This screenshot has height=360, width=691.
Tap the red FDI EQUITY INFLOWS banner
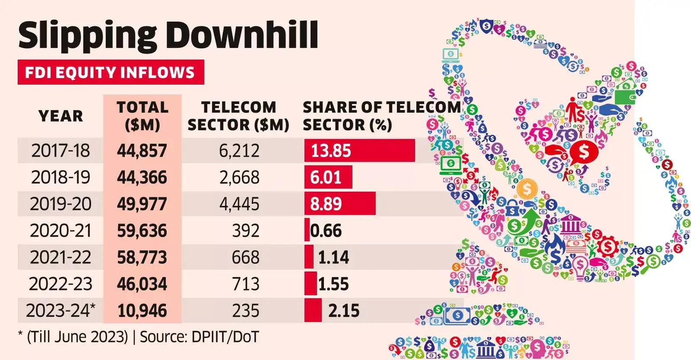[x=111, y=72]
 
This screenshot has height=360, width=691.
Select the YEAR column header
[x=60, y=116]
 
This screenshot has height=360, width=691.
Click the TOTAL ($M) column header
[x=142, y=116]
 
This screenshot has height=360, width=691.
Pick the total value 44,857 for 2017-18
[x=142, y=151]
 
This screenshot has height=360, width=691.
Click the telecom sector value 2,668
[x=239, y=177]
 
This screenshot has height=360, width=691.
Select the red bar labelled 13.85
[x=359, y=151]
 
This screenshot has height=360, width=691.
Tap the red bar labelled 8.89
[x=339, y=204]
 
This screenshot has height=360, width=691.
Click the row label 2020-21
[x=60, y=231]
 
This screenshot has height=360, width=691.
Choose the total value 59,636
[x=142, y=231]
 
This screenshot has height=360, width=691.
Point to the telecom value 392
[x=246, y=231]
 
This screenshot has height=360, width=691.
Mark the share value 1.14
[x=333, y=257]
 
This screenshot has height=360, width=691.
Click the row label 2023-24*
[x=60, y=310]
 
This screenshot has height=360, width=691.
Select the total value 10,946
[x=142, y=310]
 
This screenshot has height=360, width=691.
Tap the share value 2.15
[x=344, y=310]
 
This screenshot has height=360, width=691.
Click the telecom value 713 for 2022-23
[x=246, y=284]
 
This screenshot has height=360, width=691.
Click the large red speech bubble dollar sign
[x=584, y=152]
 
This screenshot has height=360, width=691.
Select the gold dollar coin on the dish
[x=526, y=189]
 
